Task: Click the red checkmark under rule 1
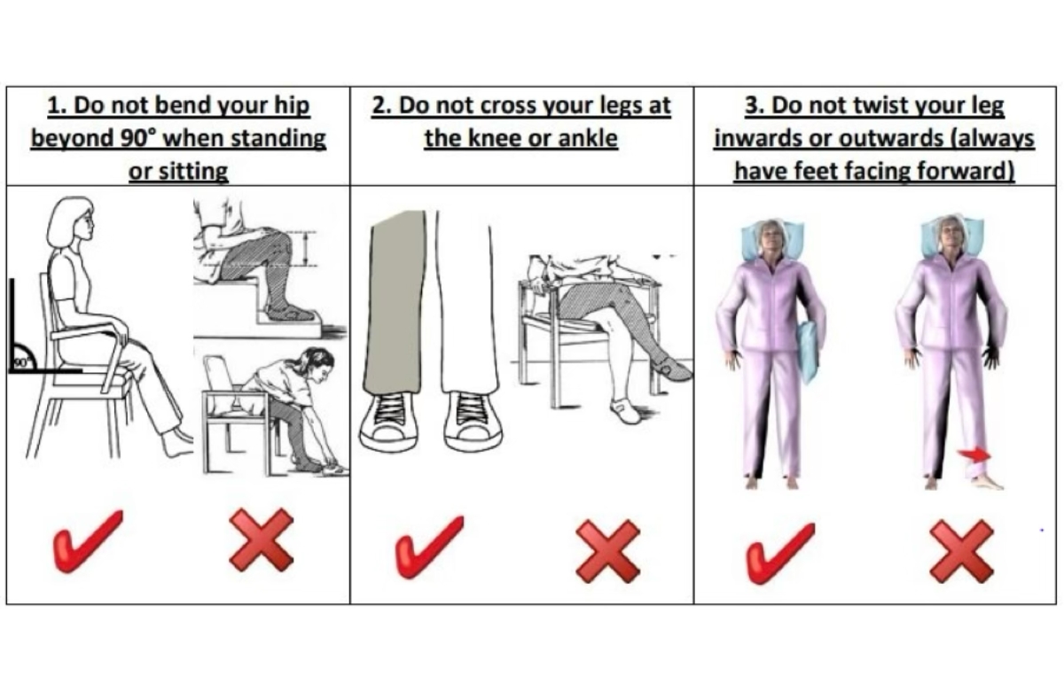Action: coord(89,542)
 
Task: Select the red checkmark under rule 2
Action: coord(430,547)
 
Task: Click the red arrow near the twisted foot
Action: coord(974,454)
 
